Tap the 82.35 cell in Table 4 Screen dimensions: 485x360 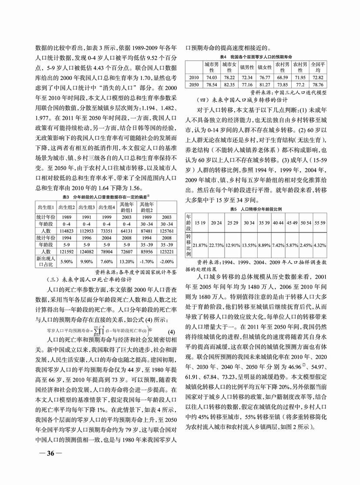[x=229, y=84]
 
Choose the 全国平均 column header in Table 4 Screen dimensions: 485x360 [x=318, y=67]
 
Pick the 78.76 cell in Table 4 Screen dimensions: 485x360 [x=318, y=84]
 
